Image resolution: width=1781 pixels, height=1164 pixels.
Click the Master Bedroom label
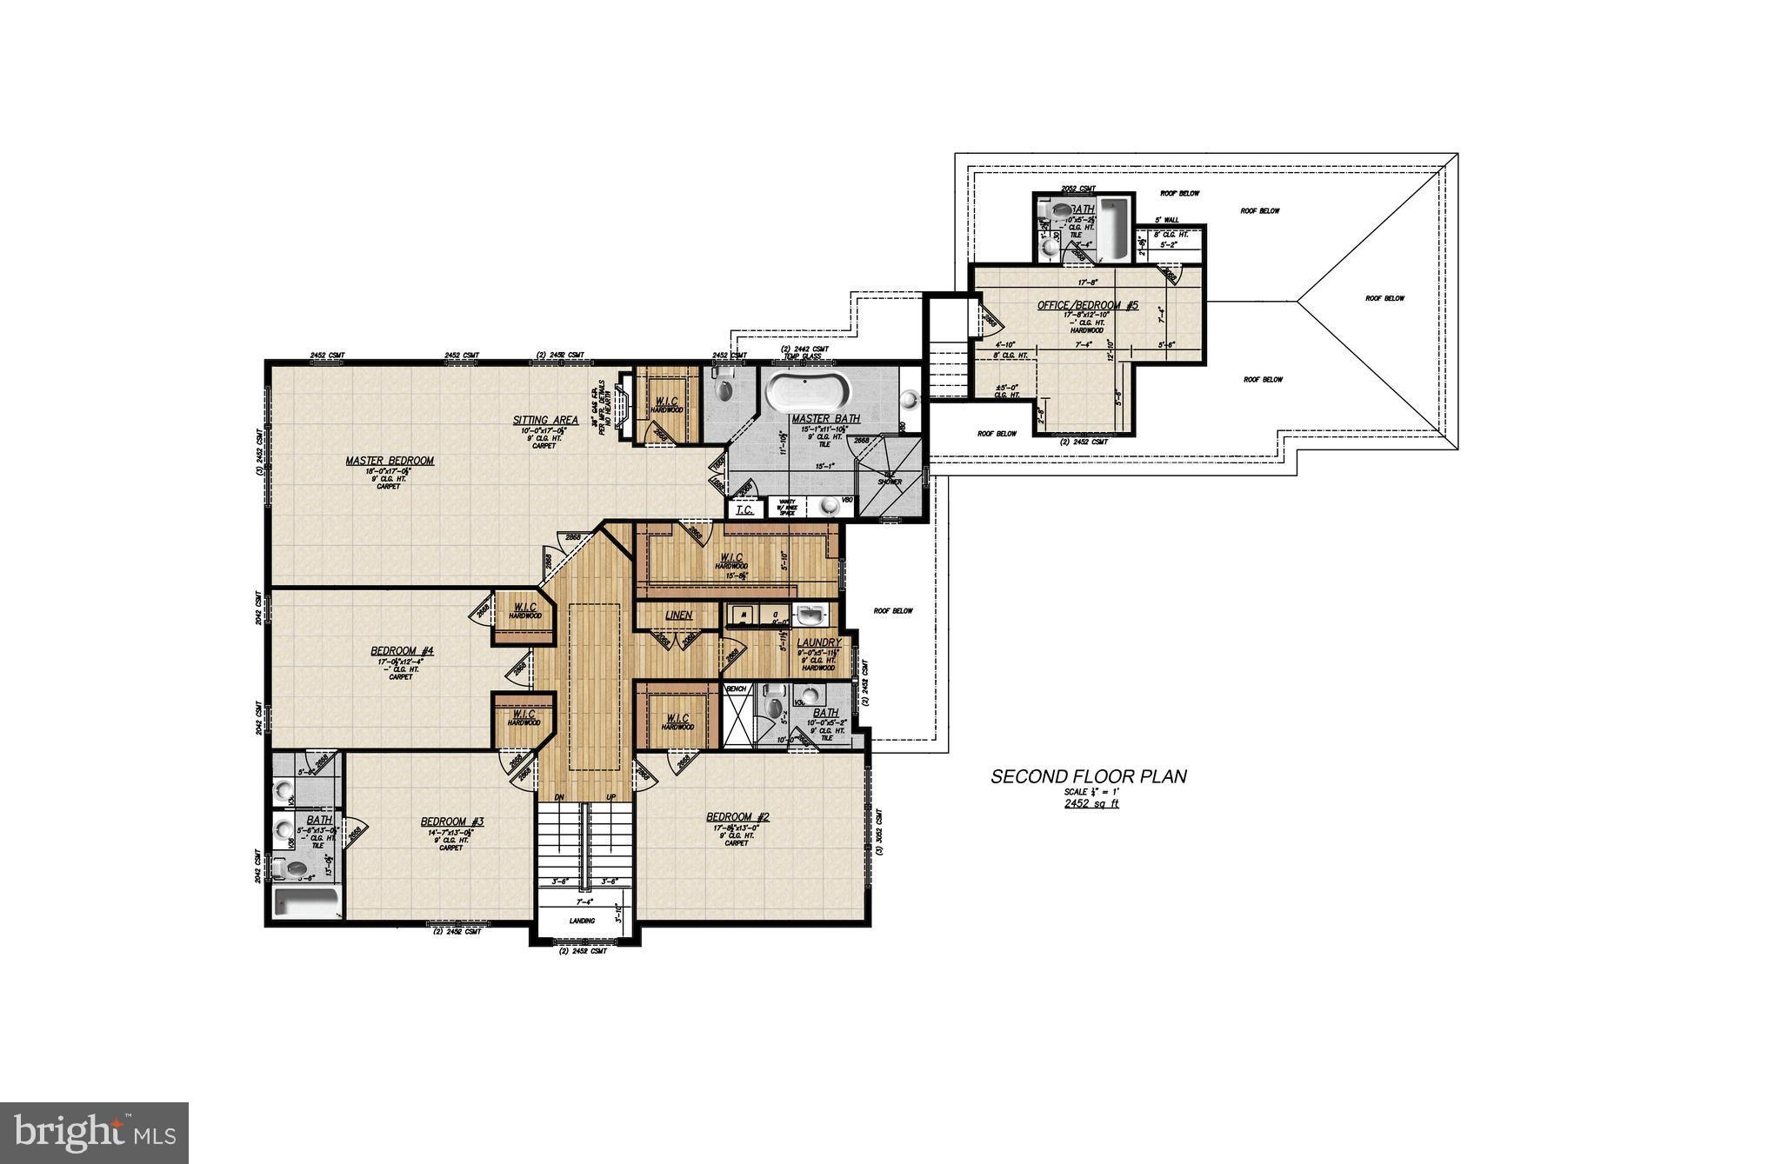click(x=390, y=461)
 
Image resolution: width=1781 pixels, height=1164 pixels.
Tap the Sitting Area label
click(x=545, y=420)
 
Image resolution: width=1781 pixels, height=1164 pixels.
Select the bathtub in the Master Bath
click(x=805, y=393)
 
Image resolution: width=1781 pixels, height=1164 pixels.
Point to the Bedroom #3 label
click(x=452, y=821)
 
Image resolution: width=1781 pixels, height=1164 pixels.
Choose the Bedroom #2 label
click(x=737, y=816)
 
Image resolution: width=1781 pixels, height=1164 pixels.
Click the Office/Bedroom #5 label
click(x=1087, y=306)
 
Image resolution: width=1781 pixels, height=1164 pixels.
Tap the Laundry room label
click(x=818, y=642)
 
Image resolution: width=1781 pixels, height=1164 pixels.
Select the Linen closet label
click(x=678, y=615)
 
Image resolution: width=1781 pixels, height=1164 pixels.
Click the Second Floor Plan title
click(x=1089, y=776)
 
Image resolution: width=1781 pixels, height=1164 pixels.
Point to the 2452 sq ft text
click(x=1091, y=804)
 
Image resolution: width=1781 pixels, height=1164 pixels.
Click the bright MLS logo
click(x=94, y=1133)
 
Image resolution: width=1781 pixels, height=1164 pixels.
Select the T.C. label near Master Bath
click(x=744, y=510)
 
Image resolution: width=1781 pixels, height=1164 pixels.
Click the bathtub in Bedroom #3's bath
click(x=306, y=902)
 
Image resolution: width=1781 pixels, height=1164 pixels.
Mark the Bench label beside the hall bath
click(x=737, y=688)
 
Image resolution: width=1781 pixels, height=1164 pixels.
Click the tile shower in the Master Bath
click(x=889, y=481)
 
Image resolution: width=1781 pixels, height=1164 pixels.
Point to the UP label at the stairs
click(x=611, y=796)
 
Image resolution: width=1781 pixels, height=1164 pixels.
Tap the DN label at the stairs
click(x=560, y=796)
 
